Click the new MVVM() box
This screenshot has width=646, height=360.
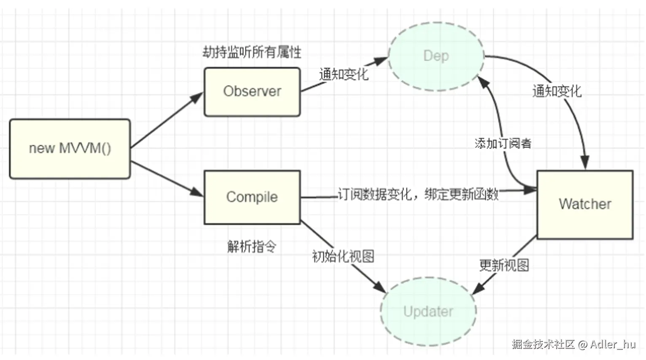tap(70, 148)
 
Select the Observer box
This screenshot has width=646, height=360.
tap(252, 91)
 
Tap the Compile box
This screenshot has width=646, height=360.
tap(252, 197)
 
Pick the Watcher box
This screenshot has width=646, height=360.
tap(585, 204)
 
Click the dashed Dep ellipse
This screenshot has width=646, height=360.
tap(436, 56)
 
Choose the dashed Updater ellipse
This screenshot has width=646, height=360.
tap(428, 312)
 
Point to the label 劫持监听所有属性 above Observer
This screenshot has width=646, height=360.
tap(252, 52)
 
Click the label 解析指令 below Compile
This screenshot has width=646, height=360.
tap(252, 246)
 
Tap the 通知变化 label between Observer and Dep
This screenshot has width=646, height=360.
tap(344, 75)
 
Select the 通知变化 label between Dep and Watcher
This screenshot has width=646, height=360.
tap(557, 91)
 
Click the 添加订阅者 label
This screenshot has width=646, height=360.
tap(503, 143)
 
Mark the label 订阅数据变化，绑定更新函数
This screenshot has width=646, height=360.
tap(418, 194)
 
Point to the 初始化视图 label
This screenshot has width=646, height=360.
tap(343, 256)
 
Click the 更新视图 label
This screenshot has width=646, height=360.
tap(504, 265)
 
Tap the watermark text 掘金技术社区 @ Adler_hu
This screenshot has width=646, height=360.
tap(573, 344)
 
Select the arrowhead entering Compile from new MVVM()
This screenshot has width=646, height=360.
tap(197, 192)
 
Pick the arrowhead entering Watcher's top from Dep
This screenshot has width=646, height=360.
tap(584, 163)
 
